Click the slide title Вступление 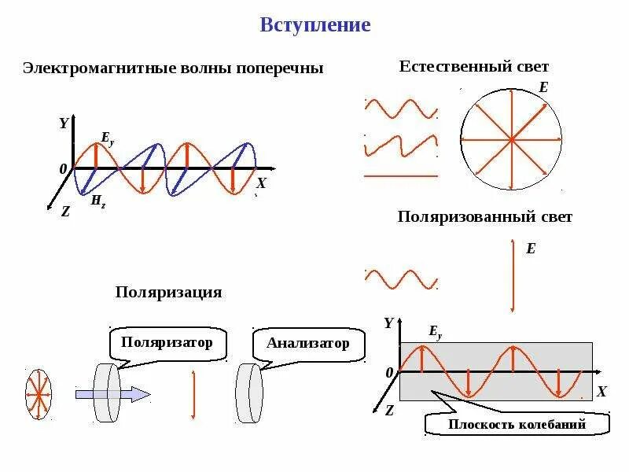pos(314,25)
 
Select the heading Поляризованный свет pos(484,216)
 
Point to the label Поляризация pos(169,292)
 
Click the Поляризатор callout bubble pos(167,343)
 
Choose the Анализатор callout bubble pos(307,344)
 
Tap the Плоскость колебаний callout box pos(517,425)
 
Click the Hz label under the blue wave pos(98,201)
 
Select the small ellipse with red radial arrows pos(36,393)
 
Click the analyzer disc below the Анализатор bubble pos(251,393)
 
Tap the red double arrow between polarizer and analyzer pos(193,393)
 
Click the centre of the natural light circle pos(511,140)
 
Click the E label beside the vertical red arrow pos(531,249)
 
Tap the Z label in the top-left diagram pos(65,211)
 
